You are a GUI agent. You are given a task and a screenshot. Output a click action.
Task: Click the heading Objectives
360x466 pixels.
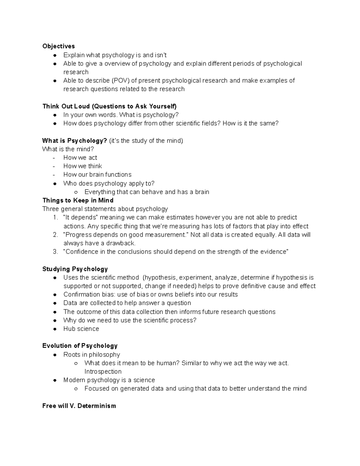[x=58, y=46]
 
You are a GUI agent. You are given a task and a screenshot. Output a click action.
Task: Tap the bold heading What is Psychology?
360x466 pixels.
[x=74, y=141]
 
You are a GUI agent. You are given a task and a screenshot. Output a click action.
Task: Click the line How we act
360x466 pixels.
[x=80, y=158]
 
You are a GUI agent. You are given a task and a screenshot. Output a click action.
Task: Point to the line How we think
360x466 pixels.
[x=82, y=166]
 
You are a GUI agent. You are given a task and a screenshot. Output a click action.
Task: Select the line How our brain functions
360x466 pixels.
[x=97, y=175]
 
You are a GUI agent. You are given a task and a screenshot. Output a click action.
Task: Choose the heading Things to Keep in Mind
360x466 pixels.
[x=78, y=200]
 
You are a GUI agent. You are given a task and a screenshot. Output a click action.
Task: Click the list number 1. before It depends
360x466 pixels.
[x=55, y=218]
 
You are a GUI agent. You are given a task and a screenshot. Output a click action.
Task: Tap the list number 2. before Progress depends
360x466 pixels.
[x=55, y=235]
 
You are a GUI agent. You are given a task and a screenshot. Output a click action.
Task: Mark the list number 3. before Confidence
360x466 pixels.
[x=55, y=252]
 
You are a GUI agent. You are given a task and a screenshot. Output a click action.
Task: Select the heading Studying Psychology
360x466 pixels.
[x=75, y=269]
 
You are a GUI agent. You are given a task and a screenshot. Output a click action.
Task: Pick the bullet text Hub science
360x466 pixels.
[x=81, y=329]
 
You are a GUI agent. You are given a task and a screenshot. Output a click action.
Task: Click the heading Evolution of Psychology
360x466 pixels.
[x=80, y=346]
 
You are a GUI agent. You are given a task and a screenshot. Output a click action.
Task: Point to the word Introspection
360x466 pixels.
[x=103, y=371]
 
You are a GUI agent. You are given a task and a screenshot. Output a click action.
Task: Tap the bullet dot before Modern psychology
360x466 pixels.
[x=55, y=380]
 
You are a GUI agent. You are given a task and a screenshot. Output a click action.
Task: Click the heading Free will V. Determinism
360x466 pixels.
[x=79, y=406]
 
